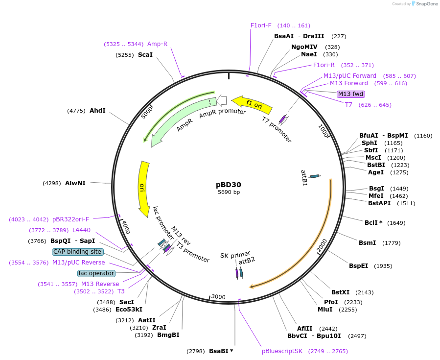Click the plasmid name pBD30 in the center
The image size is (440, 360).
[229, 185]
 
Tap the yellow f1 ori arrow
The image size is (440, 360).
[252, 104]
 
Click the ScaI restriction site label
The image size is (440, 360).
[145, 55]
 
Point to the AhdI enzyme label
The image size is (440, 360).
[97, 111]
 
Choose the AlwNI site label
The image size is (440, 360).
[75, 183]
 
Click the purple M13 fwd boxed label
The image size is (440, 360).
[351, 94]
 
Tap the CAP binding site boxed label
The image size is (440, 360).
[78, 252]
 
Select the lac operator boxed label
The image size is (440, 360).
[96, 273]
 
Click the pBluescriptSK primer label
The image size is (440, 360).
[282, 351]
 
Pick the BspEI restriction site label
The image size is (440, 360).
[358, 265]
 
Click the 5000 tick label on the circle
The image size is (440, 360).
[147, 112]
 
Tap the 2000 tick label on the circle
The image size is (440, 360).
[322, 246]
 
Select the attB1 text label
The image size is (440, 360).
[304, 178]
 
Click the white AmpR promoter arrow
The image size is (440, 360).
[222, 100]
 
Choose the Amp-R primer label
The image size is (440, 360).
[157, 44]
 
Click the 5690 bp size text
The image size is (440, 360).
[229, 192]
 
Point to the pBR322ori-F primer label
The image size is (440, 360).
[70, 219]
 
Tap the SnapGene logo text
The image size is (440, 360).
[426, 3]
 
